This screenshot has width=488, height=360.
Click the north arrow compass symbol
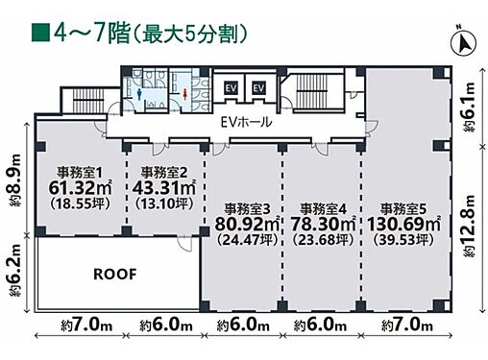point(463,43)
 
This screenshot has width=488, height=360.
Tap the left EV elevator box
point(231,88)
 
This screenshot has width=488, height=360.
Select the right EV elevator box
point(258,88)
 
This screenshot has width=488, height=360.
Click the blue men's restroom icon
point(139,93)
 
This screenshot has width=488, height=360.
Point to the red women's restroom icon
point(185,93)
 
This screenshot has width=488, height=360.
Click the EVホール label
point(247,122)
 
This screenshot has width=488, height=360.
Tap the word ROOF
point(115,275)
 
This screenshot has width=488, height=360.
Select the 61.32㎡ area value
point(80,188)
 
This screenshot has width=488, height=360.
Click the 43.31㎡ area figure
point(163,188)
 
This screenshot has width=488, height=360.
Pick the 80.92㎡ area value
point(247,224)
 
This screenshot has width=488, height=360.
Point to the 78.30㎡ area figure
point(323,224)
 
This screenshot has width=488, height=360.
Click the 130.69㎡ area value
point(403,224)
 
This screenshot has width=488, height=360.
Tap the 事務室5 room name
point(403,209)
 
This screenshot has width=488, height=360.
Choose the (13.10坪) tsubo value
point(164,204)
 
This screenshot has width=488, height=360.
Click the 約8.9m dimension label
point(14,180)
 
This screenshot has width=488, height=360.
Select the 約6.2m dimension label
point(14,271)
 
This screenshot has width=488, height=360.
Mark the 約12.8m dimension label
point(469,226)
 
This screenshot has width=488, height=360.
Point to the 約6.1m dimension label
point(469,108)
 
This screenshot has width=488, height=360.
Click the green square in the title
point(40,33)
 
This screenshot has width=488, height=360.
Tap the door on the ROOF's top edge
point(185,243)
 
